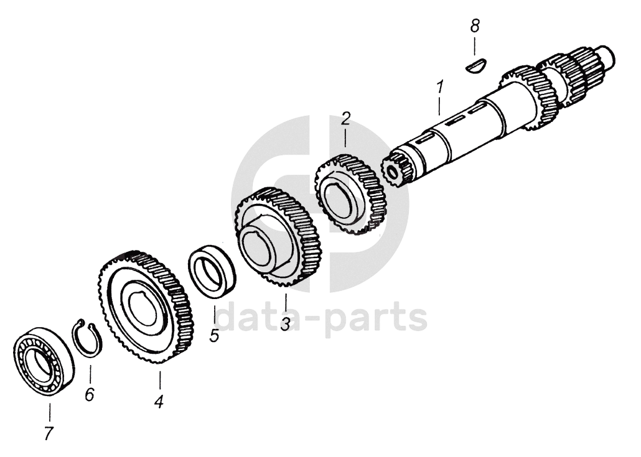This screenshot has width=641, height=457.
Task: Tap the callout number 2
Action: coord(346,119)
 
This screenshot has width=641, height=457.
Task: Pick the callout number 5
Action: coord(214,335)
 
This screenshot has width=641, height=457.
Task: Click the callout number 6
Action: coord(90,394)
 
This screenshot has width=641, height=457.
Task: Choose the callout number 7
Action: coord(50,433)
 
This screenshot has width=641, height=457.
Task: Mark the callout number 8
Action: coord(475,26)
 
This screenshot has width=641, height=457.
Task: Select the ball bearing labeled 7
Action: coord(42,360)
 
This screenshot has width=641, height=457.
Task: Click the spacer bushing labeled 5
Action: coord(212,270)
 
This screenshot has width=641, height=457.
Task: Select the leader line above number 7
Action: coord(50,411)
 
